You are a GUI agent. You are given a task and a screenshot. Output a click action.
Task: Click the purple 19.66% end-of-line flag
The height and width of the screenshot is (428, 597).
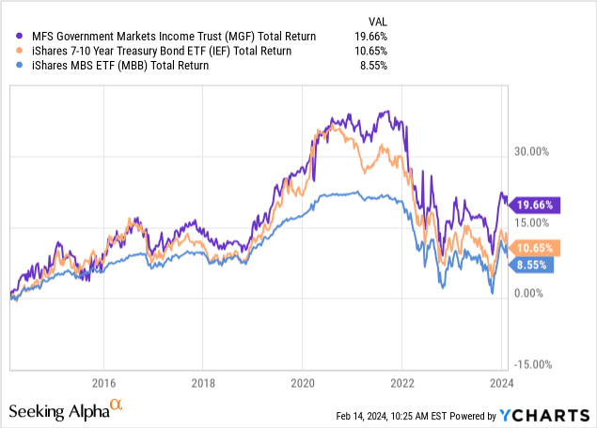tap(536, 204)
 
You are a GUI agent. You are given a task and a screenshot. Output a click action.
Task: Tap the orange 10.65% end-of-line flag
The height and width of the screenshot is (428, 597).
tap(536, 247)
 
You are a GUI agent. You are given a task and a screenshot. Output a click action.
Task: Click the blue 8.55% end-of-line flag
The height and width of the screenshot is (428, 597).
tap(536, 266)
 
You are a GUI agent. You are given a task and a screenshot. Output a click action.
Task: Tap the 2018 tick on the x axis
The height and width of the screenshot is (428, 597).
tap(203, 382)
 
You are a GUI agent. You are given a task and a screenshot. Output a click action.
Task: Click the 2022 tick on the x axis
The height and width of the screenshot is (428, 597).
tap(401, 382)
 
